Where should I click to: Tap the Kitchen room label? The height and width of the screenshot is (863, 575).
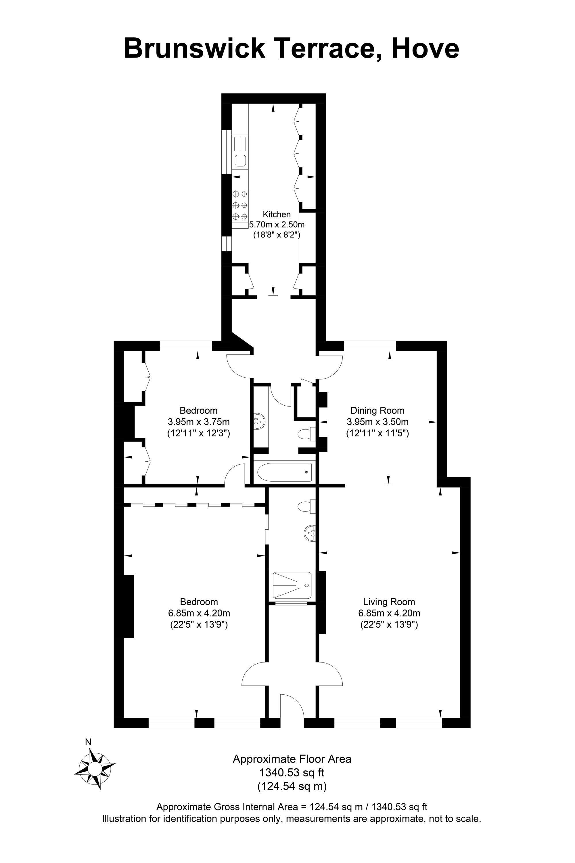click(x=277, y=214)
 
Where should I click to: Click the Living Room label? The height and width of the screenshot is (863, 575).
click(x=389, y=602)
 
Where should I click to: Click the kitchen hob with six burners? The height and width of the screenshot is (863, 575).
click(x=240, y=205)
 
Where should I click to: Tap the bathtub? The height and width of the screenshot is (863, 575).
click(x=284, y=472)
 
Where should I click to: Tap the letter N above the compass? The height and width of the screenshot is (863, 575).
click(x=88, y=742)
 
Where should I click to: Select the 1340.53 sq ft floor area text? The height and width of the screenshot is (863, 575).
click(x=292, y=772)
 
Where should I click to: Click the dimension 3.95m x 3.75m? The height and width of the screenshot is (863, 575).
click(x=198, y=422)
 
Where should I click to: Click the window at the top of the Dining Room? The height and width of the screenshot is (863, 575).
click(x=370, y=346)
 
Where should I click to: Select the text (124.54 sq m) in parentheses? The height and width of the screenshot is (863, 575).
click(x=292, y=786)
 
